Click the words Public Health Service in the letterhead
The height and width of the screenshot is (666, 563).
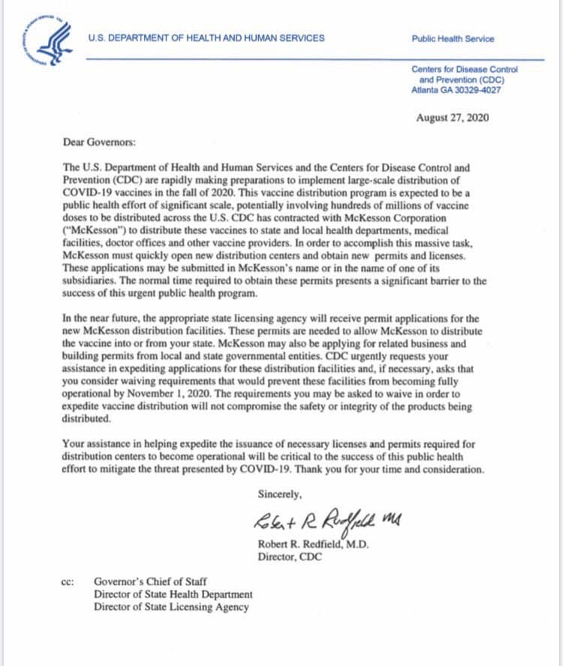click(x=453, y=39)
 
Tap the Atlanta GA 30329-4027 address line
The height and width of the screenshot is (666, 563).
click(x=456, y=90)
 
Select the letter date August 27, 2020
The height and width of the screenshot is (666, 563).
click(x=451, y=118)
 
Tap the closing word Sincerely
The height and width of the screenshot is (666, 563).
click(x=279, y=495)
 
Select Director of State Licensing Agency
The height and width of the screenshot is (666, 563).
click(x=171, y=607)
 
